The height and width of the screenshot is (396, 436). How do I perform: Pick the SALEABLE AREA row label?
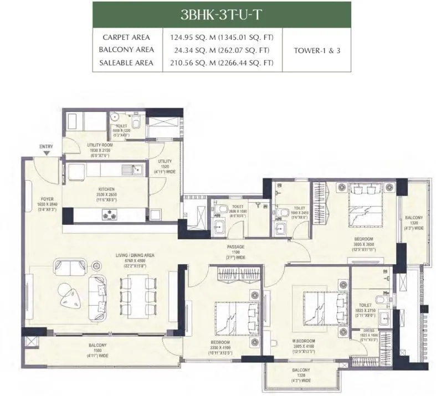126,63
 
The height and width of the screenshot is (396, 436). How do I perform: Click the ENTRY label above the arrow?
46,147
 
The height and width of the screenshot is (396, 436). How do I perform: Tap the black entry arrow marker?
47,153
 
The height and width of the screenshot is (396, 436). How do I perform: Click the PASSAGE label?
236,247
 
